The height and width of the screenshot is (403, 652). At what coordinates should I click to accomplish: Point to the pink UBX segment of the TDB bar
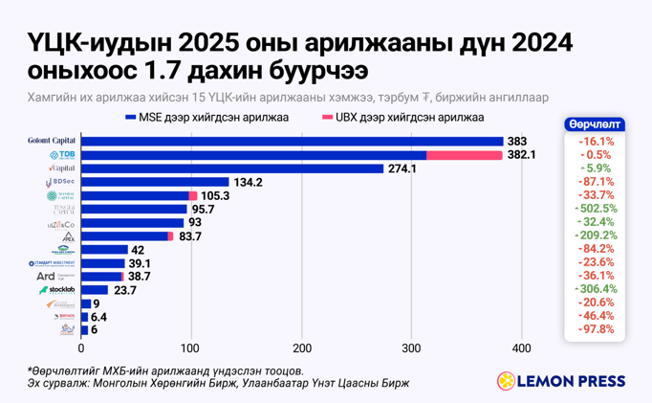[465, 155]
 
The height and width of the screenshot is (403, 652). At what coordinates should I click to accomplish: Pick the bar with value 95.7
[134, 209]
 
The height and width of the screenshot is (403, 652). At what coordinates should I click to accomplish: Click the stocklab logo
[58, 289]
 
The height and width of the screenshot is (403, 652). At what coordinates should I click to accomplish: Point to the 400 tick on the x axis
[521, 347]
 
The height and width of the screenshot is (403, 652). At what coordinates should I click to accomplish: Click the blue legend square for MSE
[129, 118]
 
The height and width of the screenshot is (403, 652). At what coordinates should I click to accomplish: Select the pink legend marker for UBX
[328, 118]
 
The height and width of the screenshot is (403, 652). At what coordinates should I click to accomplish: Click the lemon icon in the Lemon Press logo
[507, 381]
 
